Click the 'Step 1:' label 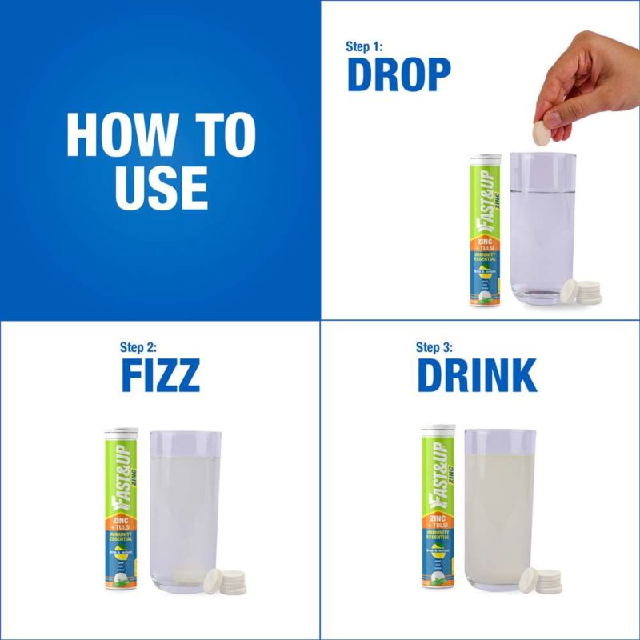click(364, 46)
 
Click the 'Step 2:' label click(138, 347)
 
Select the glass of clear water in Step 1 click(542, 228)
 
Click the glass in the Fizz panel click(185, 512)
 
